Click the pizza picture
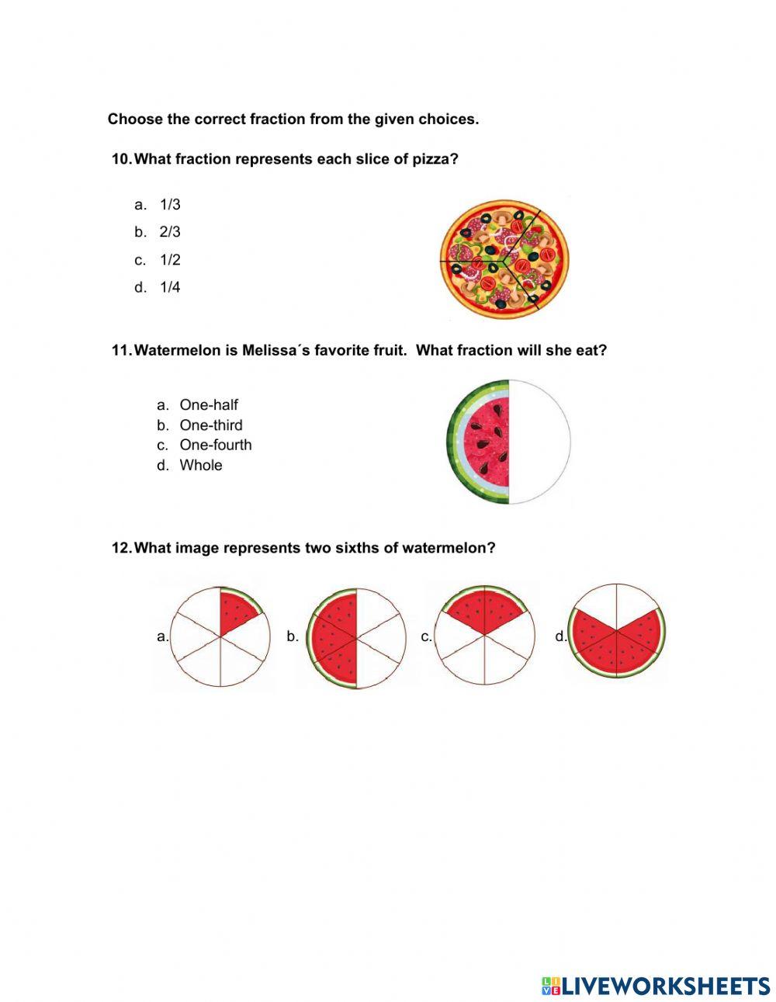pos(504,258)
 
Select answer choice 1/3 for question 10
pos(169,204)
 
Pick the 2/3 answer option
pos(169,231)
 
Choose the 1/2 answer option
pos(169,259)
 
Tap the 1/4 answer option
pos(169,287)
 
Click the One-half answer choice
pos(208,404)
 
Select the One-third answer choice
pos(210,425)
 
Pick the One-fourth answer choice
pos(215,445)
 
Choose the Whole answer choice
pos(200,465)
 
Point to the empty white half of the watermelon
pos(539,442)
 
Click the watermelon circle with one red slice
pos(220,636)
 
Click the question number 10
pos(122,159)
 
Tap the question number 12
pos(122,548)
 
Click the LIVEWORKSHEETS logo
pos(656,986)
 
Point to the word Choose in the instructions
pos(135,119)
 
